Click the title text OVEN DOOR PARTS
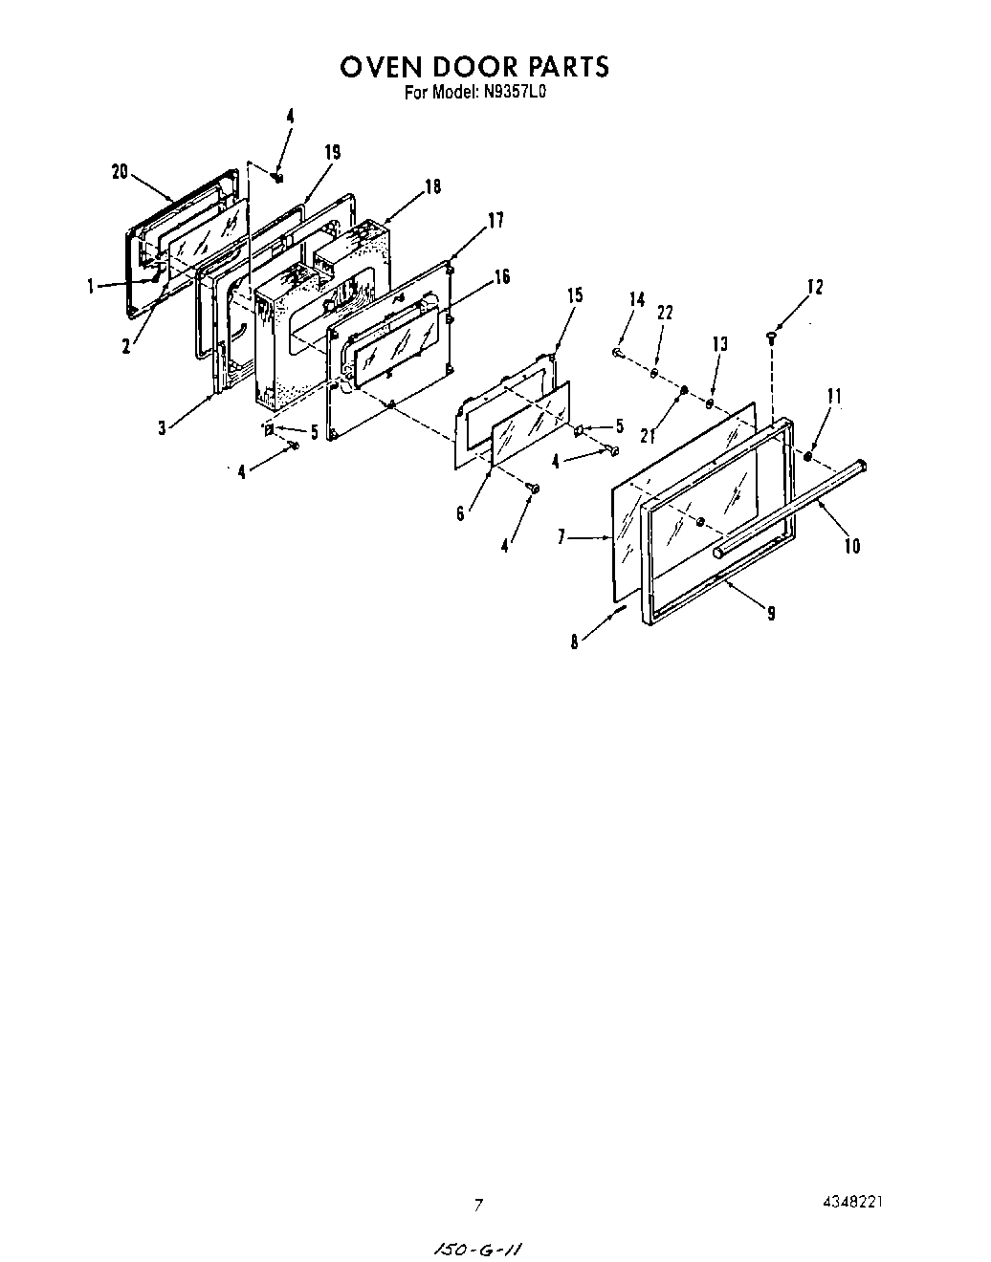[474, 67]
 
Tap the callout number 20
[120, 172]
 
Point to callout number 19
[332, 152]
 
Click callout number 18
[432, 187]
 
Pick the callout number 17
[495, 221]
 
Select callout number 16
[501, 277]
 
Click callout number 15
[574, 295]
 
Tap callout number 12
[814, 286]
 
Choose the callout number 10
[851, 546]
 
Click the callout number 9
[771, 614]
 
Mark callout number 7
[563, 538]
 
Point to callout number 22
[666, 313]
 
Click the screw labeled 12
[771, 335]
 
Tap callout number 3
[162, 429]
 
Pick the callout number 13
[720, 344]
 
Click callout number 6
[460, 514]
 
